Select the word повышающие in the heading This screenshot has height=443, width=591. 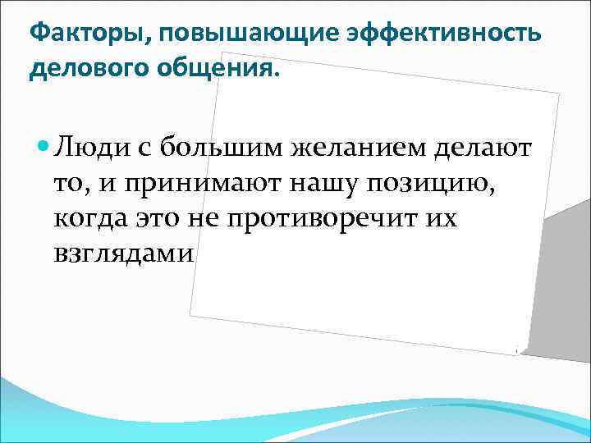(207, 34)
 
